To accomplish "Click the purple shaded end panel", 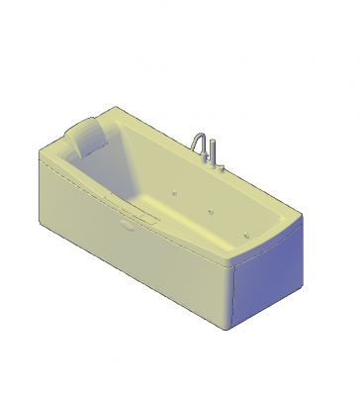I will coord(263,282).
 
